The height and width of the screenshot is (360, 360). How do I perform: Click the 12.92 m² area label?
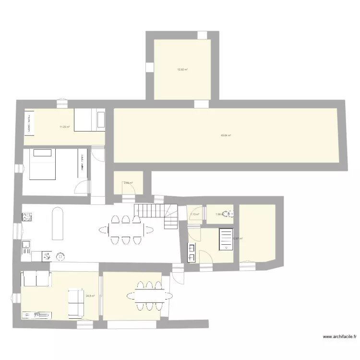182,70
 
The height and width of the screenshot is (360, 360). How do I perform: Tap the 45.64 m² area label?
226,135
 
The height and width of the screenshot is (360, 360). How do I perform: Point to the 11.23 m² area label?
64,127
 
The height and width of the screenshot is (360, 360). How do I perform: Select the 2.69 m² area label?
128,183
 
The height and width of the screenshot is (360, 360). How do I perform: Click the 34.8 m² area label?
90,296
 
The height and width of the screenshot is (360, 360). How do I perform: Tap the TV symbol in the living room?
37,315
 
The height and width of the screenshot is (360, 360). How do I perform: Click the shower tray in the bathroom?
226,239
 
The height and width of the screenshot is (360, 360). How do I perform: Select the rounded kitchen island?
57,223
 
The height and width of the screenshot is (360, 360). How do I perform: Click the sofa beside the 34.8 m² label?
75,303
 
